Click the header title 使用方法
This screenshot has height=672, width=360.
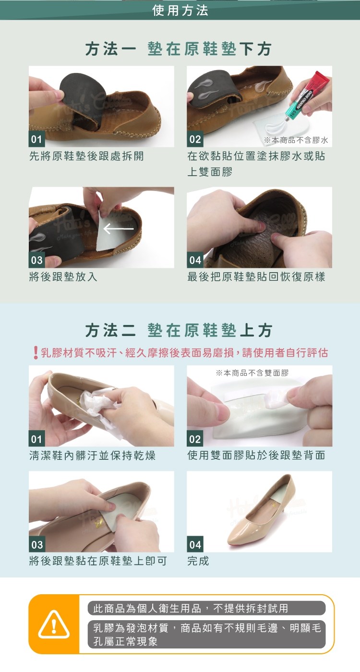[x=180, y=11]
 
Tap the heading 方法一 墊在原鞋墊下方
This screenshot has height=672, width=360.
[x=179, y=49]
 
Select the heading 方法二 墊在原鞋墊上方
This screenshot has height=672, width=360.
[x=179, y=330]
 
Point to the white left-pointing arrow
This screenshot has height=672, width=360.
[x=119, y=229]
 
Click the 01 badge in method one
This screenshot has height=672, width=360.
[x=36, y=139]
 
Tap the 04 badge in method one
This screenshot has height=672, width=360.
[x=195, y=260]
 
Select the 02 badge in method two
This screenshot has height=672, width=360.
[x=195, y=439]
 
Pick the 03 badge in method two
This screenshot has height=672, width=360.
[x=37, y=544]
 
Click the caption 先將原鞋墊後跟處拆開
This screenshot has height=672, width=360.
[x=86, y=156]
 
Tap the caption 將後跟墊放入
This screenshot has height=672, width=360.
[x=63, y=276]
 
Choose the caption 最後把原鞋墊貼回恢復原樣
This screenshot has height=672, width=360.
[x=256, y=276]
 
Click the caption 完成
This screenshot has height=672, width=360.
[x=198, y=561]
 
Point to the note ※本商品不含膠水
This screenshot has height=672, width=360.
[x=296, y=140]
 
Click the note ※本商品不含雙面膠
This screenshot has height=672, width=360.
[x=252, y=373]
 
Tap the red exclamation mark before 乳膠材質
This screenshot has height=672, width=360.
[x=36, y=352]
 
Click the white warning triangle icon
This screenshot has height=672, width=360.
[x=54, y=624]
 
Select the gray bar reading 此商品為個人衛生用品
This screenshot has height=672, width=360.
[x=206, y=608]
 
